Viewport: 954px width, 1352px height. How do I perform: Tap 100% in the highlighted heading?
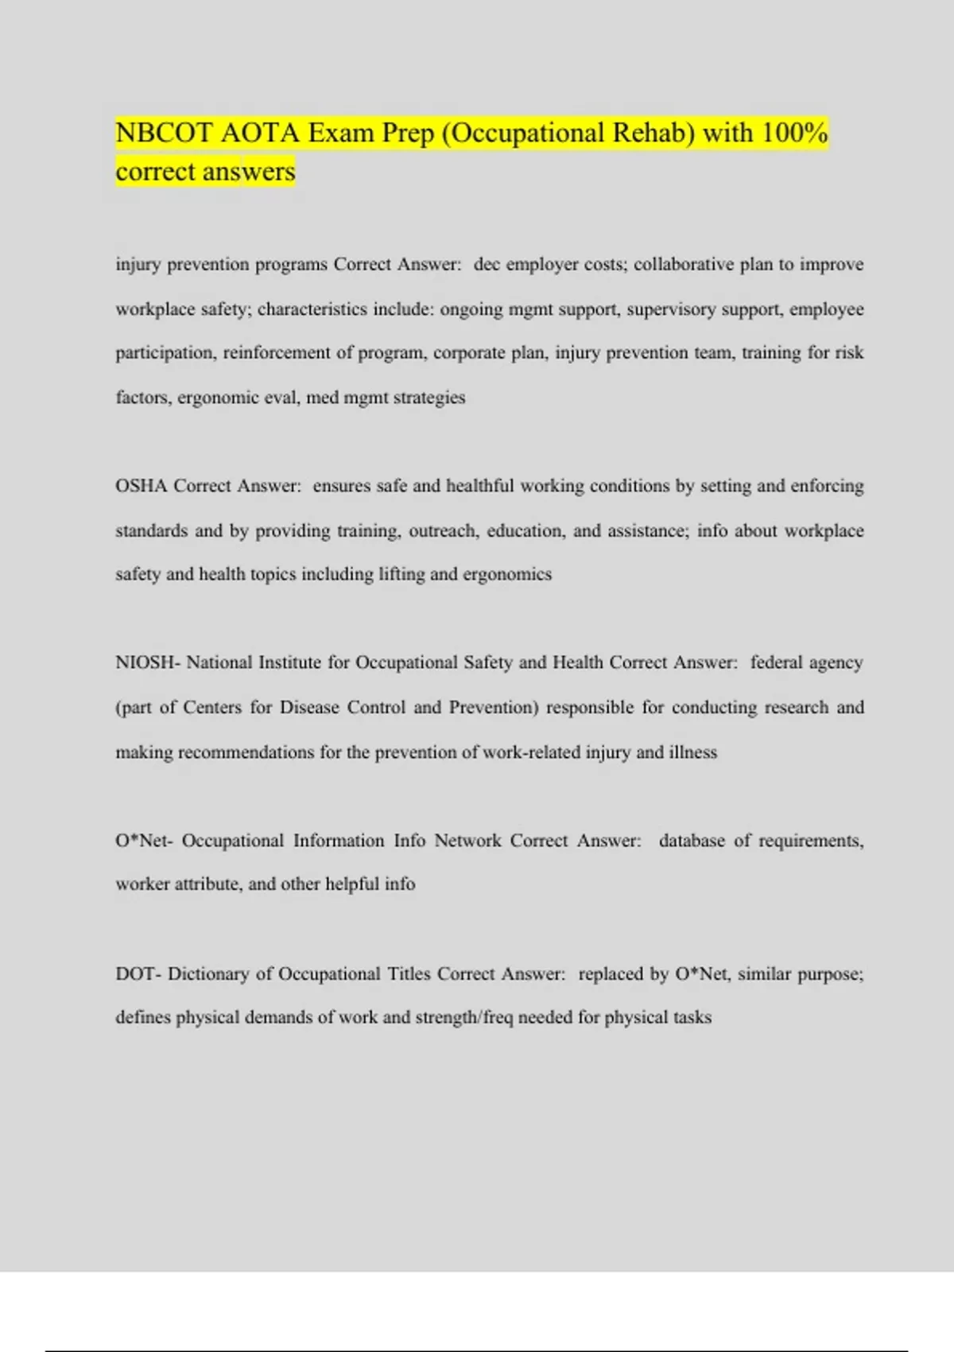[794, 133]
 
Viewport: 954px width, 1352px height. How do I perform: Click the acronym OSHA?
[141, 486]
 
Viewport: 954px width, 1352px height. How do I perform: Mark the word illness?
[692, 752]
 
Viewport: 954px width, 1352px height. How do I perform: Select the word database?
[692, 841]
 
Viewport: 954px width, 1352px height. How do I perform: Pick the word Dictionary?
[207, 973]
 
